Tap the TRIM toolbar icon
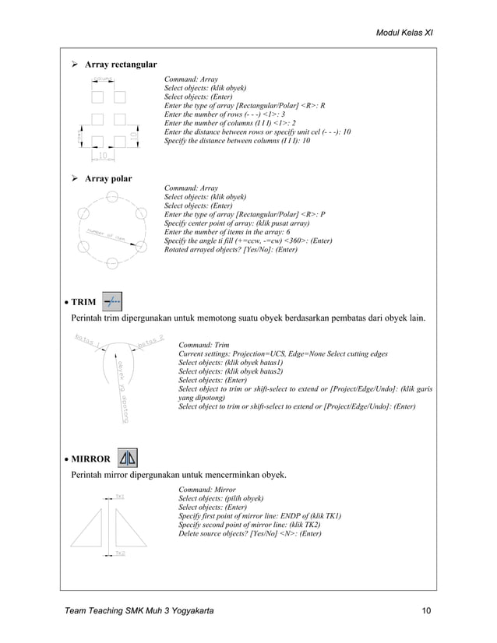click(x=111, y=301)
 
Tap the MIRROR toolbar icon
click(x=127, y=459)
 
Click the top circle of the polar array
click(x=111, y=196)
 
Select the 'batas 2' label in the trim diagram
click(x=151, y=342)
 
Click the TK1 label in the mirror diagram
click(x=121, y=496)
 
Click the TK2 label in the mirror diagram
click(x=121, y=553)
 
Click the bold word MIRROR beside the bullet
click(x=90, y=459)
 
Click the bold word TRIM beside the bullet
click(x=84, y=302)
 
